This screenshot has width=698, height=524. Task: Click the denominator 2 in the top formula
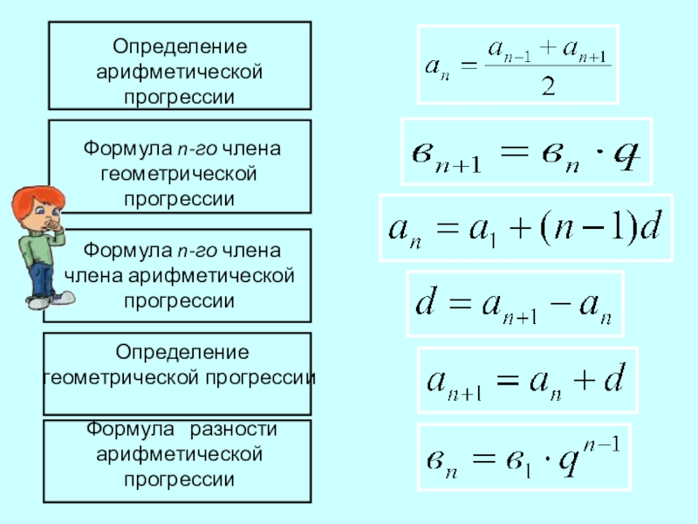[x=549, y=86]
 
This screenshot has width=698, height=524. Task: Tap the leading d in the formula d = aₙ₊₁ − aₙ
[x=425, y=305]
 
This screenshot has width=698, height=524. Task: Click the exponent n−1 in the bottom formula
[x=601, y=445]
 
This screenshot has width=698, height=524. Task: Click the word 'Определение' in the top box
[x=179, y=45]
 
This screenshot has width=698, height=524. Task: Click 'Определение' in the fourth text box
[x=179, y=353]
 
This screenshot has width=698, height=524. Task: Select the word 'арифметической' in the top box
[x=179, y=70]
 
